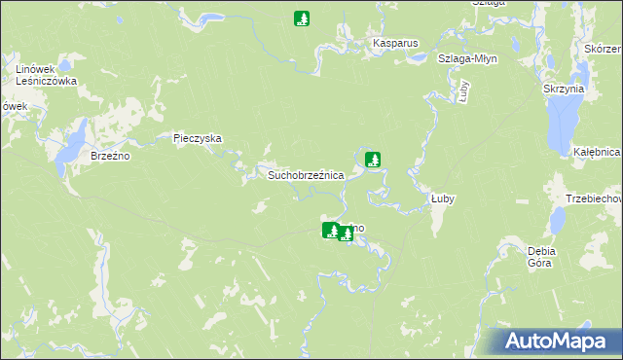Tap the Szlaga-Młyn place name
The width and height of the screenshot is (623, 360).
point(468,58)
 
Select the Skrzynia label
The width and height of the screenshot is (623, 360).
point(564,89)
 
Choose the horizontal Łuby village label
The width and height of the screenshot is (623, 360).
point(443,198)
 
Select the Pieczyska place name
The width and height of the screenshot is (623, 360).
point(198,138)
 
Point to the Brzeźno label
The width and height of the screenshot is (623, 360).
point(110,156)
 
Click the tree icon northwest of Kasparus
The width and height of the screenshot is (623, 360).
point(303,18)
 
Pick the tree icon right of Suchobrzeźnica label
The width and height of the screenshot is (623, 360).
point(373,159)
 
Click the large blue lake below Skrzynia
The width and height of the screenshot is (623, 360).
point(562,124)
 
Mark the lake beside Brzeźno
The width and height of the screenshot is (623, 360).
point(72,145)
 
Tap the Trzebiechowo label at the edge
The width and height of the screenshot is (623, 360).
point(593,198)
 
